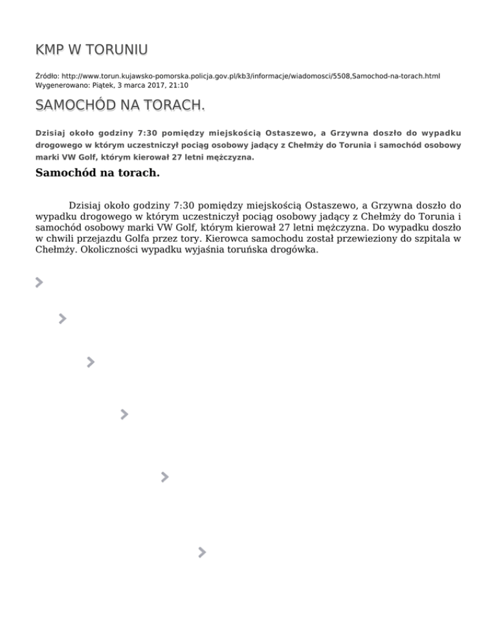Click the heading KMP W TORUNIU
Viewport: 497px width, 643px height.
click(91, 50)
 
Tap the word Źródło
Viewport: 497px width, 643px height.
click(47, 76)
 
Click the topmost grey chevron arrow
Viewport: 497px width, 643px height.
click(39, 282)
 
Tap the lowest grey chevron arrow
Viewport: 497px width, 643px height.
click(203, 552)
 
